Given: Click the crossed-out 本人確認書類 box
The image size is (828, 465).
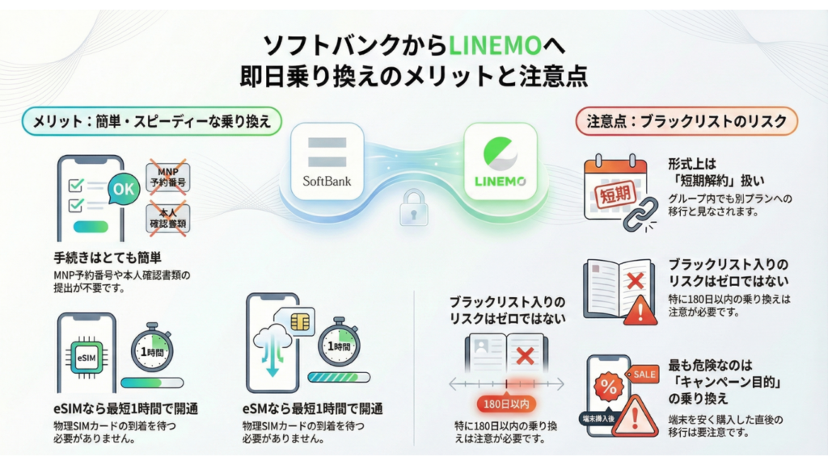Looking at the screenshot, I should [168, 216].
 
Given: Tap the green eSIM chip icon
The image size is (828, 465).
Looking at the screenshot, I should [85, 355].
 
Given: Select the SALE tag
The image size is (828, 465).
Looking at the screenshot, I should [644, 374].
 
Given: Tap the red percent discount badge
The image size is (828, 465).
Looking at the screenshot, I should [609, 386].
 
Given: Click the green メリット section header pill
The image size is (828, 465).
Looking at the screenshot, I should [152, 121].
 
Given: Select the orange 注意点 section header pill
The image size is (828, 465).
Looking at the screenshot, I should [687, 121].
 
